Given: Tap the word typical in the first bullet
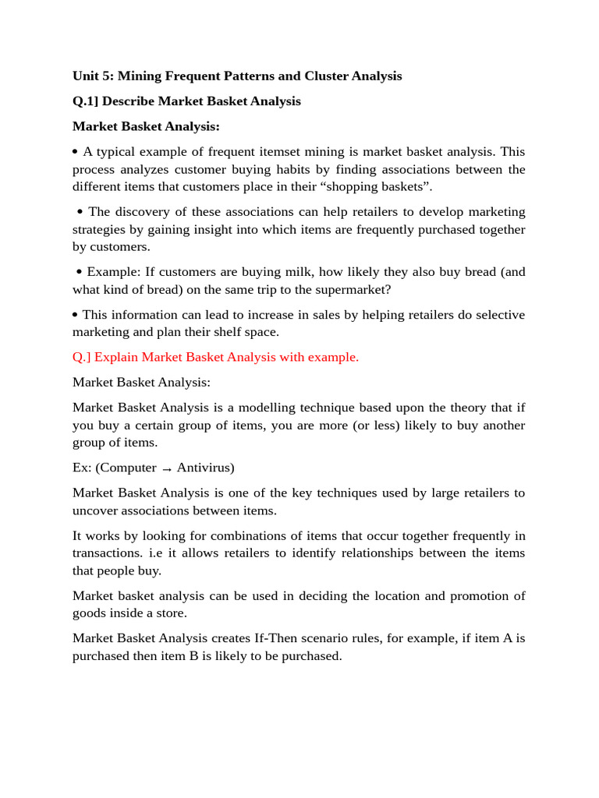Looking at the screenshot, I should (x=120, y=151).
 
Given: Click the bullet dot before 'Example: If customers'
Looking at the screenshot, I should (x=80, y=272).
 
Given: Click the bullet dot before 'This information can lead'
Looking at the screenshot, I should (x=75, y=315).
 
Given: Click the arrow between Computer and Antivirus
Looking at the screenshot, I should (x=167, y=468).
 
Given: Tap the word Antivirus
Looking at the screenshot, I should (x=205, y=468).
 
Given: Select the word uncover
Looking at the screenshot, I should (x=94, y=510).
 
